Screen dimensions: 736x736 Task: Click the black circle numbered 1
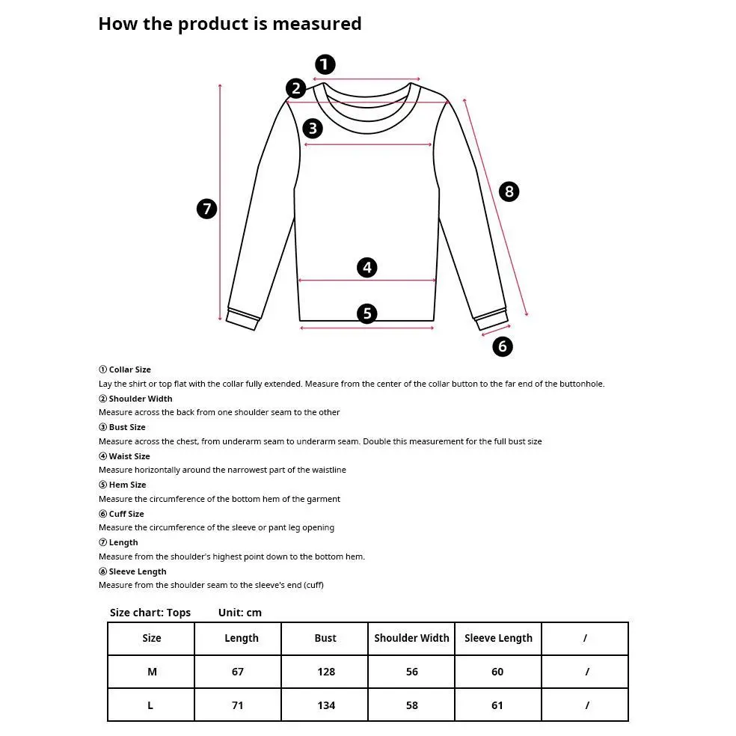[325, 64]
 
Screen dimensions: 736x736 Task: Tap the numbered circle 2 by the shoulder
[296, 89]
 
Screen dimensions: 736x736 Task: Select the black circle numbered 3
[313, 128]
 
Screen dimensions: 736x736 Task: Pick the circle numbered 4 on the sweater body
[367, 267]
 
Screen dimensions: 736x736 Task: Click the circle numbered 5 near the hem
[367, 313]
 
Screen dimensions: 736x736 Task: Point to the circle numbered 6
[503, 346]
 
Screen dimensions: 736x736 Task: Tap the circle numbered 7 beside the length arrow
[207, 209]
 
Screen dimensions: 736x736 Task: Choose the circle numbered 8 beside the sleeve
[509, 191]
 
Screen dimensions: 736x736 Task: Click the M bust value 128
[326, 672]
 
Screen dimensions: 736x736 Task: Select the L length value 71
[238, 705]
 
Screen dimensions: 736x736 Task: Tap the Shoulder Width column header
[411, 638]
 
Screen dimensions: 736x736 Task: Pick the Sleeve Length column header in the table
[498, 638]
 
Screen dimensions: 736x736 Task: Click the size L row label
[151, 705]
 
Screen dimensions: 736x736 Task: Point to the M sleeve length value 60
[497, 672]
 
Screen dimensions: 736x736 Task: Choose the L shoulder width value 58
[412, 705]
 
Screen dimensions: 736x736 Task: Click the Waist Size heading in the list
[129, 456]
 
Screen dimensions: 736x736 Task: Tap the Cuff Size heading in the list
[126, 514]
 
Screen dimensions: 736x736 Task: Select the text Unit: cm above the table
[240, 613]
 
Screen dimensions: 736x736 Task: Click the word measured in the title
[316, 24]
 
